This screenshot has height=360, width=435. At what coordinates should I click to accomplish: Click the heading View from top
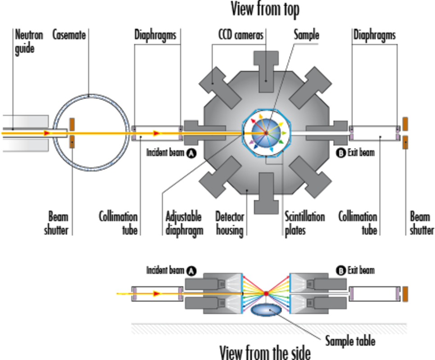[265, 9]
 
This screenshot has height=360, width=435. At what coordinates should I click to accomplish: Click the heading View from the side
[265, 351]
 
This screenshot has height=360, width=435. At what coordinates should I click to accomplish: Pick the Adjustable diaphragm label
[184, 223]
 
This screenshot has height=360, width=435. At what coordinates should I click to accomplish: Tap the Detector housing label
[230, 223]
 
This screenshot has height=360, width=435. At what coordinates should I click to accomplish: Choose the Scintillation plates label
[304, 223]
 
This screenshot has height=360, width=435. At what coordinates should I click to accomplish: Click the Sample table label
[349, 341]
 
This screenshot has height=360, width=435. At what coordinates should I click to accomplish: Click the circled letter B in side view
[341, 270]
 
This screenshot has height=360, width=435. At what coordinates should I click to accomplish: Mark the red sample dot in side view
[266, 293]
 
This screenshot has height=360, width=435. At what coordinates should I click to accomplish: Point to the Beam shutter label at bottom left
[58, 223]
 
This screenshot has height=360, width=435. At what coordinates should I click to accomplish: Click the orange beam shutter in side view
[406, 294]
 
